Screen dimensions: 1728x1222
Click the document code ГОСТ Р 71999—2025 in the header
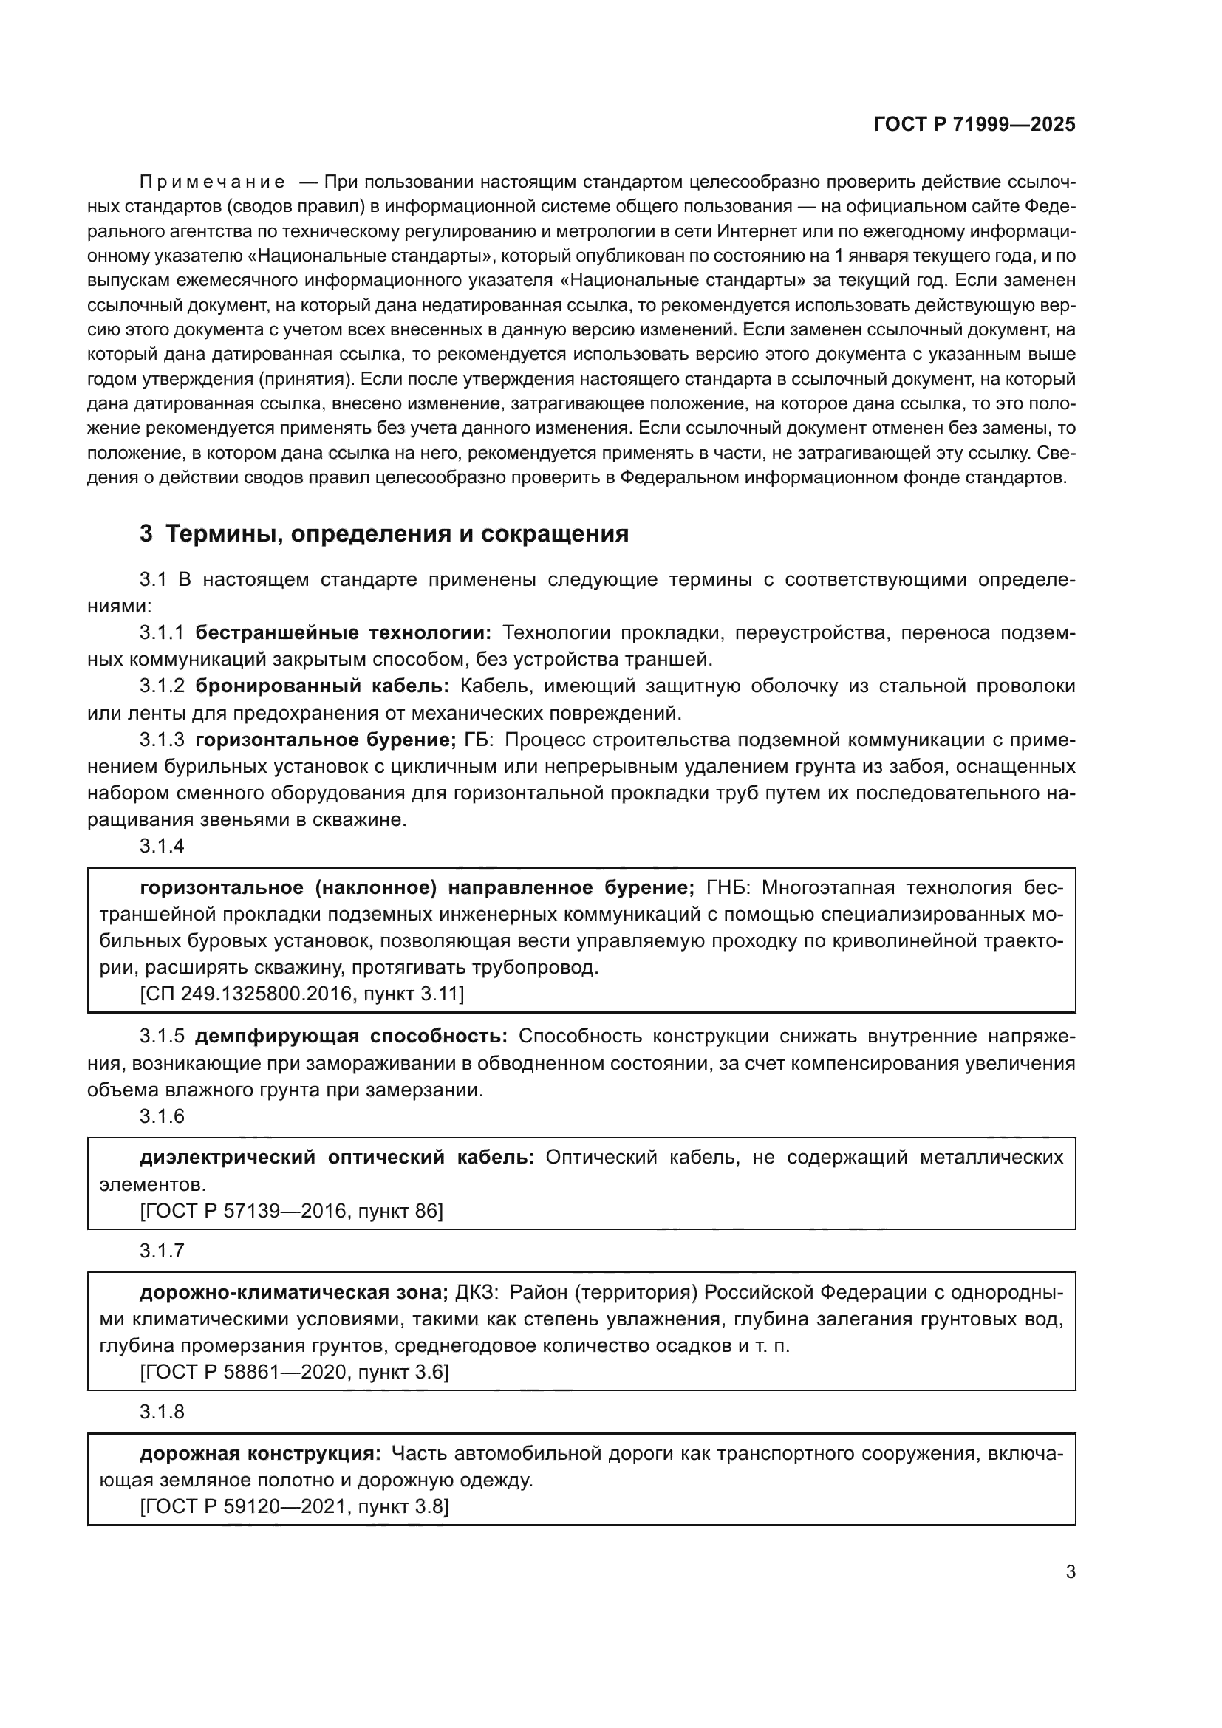pyautogui.click(x=974, y=125)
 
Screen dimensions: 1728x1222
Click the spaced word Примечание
pyautogui.click(x=212, y=182)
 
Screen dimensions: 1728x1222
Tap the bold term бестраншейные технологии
pyautogui.click(x=343, y=633)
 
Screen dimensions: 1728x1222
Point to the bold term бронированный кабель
pyautogui.click(x=322, y=686)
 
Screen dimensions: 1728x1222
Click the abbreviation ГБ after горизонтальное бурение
pyautogui.click(x=477, y=740)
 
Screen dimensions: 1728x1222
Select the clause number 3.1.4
pyautogui.click(x=162, y=846)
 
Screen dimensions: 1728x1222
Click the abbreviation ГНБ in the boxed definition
pyautogui.click(x=727, y=888)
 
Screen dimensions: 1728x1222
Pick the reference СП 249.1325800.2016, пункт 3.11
pyautogui.click(x=302, y=994)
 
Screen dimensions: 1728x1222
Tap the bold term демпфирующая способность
pyautogui.click(x=352, y=1037)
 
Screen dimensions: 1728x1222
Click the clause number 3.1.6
pyautogui.click(x=162, y=1116)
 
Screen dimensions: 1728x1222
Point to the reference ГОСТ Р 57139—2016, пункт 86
pyautogui.click(x=292, y=1211)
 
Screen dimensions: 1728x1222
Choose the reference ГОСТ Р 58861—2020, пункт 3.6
pyautogui.click(x=295, y=1372)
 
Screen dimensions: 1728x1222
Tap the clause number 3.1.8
pyautogui.click(x=162, y=1412)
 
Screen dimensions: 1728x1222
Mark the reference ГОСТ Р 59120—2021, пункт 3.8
pyautogui.click(x=295, y=1506)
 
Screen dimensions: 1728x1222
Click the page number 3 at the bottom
pyautogui.click(x=1070, y=1572)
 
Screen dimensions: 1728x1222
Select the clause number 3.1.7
pyautogui.click(x=162, y=1251)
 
